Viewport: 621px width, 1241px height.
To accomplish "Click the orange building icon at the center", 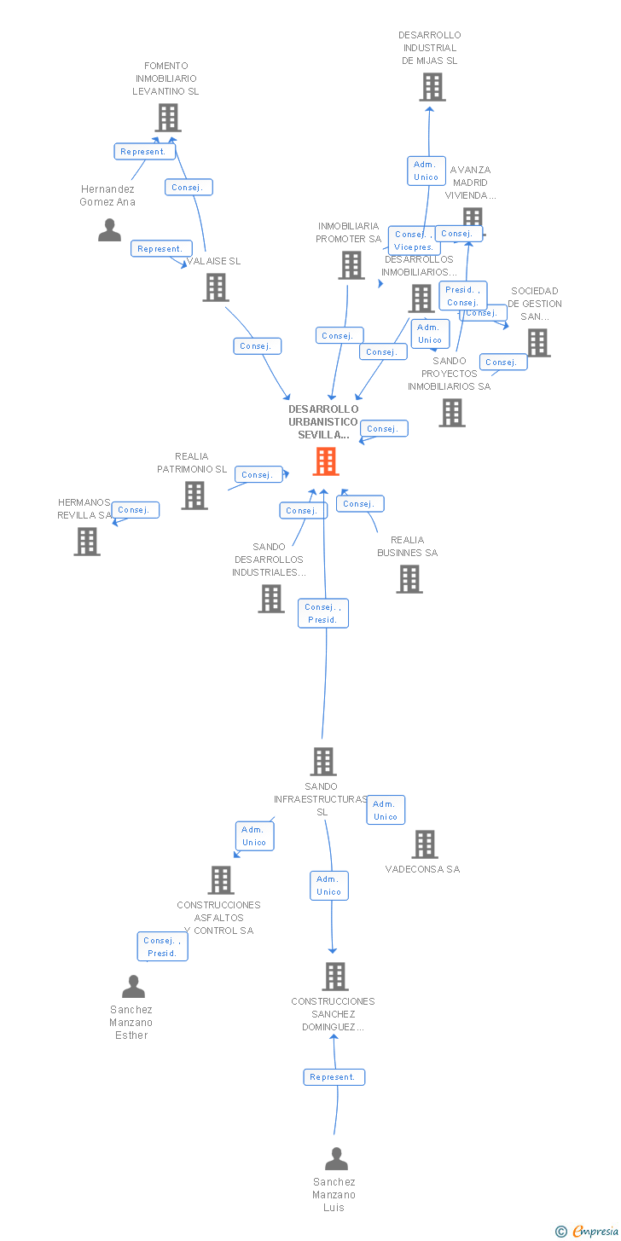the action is click(x=326, y=461).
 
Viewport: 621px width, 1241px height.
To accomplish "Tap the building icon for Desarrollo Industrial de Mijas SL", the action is click(x=432, y=87).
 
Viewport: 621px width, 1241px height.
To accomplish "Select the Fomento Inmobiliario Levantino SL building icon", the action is click(x=168, y=118).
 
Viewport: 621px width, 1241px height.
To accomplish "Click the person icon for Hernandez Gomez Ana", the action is click(x=109, y=230).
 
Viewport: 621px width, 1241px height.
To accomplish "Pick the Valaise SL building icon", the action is click(x=216, y=287).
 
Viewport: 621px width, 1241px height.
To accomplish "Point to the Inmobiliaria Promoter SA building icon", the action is click(x=351, y=265).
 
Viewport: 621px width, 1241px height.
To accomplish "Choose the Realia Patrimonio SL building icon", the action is click(x=194, y=496).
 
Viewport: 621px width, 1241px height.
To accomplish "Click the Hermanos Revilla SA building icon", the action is click(x=87, y=542).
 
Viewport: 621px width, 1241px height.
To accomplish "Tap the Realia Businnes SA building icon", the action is click(x=409, y=579).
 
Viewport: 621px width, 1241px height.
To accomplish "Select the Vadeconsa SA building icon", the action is click(x=425, y=844).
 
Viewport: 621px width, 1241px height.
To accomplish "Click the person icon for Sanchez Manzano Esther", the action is click(x=133, y=987).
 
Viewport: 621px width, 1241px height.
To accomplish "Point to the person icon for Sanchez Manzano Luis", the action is click(x=337, y=1159).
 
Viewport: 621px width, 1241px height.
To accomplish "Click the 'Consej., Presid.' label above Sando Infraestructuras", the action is click(x=323, y=613).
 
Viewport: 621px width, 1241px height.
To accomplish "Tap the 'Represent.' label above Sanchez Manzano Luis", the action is click(x=334, y=1077).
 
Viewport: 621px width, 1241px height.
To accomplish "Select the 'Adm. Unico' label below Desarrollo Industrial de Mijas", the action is click(x=426, y=171).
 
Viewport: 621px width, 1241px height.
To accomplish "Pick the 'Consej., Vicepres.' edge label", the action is click(x=414, y=241).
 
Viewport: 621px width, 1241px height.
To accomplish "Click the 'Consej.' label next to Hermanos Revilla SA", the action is click(x=134, y=510).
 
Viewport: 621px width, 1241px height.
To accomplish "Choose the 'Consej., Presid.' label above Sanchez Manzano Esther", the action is click(x=162, y=947).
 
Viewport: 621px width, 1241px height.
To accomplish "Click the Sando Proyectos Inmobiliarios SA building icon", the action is click(x=452, y=413).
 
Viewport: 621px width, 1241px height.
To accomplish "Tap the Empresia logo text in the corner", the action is click(x=594, y=1231).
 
